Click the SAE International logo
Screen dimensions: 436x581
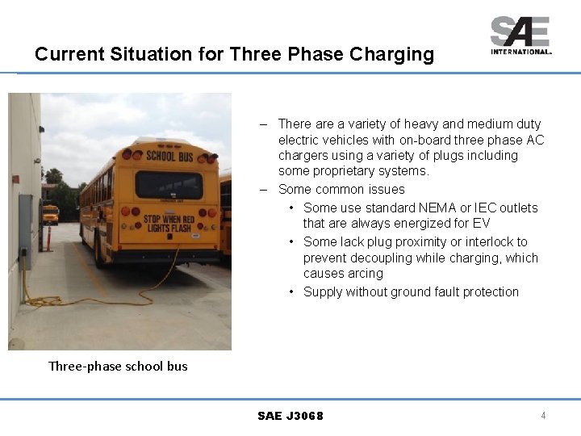520,35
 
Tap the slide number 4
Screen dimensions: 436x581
543,416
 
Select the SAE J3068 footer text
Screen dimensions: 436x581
290,416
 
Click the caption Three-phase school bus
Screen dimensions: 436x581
118,366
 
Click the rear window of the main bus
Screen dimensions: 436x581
169,185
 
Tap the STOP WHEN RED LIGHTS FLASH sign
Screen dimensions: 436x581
169,223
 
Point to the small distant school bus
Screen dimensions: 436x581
50,214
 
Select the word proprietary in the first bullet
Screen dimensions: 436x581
344,171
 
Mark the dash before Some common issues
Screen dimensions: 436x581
264,190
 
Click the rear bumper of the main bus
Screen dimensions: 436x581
169,256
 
